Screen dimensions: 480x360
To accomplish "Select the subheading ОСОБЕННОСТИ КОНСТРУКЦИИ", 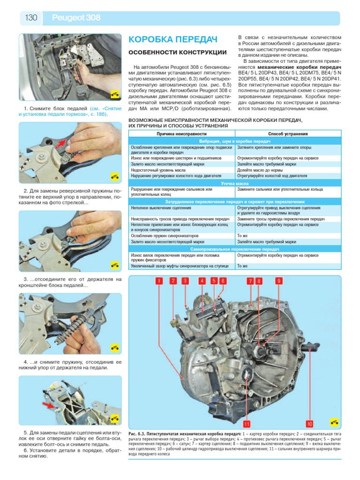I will [178, 52].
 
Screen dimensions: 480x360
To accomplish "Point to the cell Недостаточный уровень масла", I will [160, 170].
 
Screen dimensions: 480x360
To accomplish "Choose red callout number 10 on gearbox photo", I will [309, 424].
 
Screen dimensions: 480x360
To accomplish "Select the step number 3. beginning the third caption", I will [26, 280].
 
